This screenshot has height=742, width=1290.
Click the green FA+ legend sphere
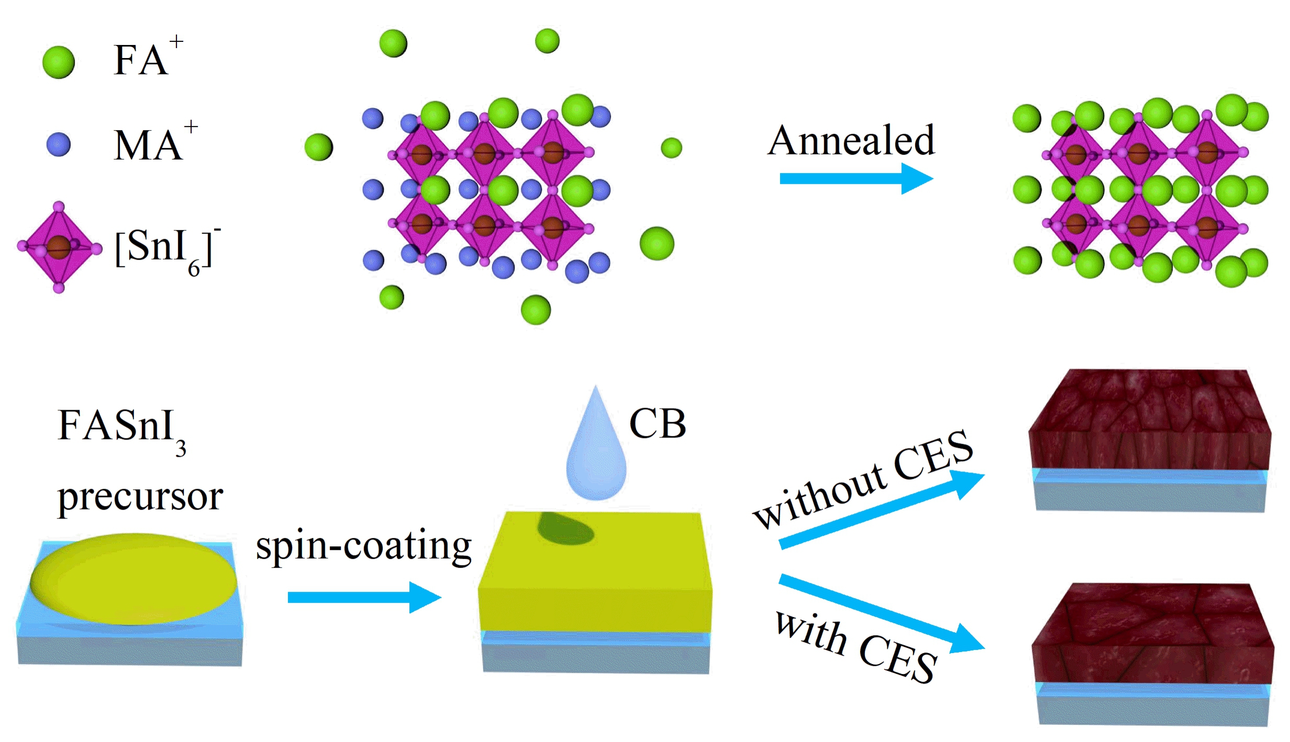coord(58,62)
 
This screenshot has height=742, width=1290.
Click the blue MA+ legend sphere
coord(58,144)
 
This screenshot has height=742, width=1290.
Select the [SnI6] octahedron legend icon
coord(59,247)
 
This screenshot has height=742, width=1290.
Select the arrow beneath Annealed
coord(855,178)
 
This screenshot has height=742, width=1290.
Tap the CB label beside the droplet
coord(657,423)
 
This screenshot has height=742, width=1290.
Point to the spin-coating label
coord(363,546)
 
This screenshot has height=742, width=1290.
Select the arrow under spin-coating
coord(364,597)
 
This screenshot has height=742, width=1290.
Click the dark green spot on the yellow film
coord(565,529)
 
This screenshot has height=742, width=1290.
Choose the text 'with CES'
coord(856,647)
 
